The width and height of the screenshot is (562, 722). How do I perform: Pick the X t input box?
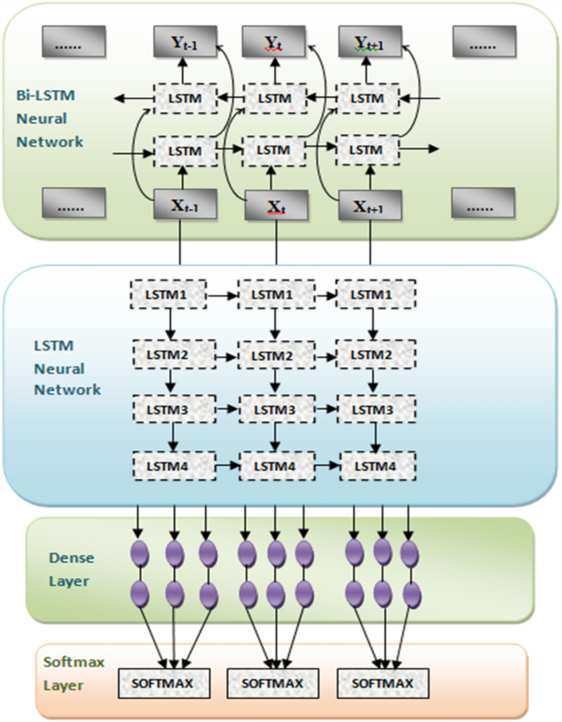tap(275, 206)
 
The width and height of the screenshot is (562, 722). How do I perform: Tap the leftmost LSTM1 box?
tap(167, 293)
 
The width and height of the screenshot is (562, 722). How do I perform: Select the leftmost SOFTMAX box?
tap(165, 681)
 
